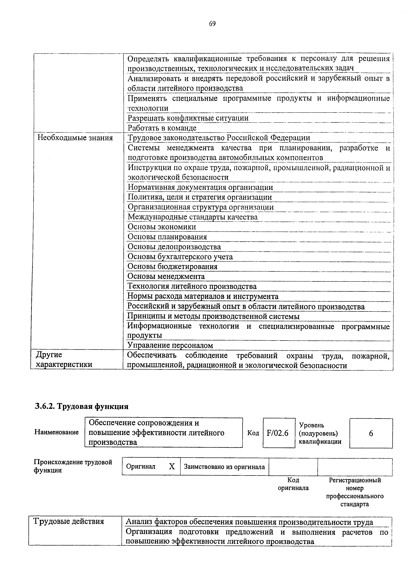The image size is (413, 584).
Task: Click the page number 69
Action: pos(212,24)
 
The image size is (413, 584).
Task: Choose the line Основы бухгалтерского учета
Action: pos(180,257)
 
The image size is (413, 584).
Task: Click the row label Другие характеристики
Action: pos(64,360)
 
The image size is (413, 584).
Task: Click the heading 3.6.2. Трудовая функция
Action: pos(81,407)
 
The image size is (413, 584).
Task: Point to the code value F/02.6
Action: pos(278,433)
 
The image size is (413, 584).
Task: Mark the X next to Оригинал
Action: pos(172,466)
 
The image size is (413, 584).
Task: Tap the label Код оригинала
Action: pos(293,484)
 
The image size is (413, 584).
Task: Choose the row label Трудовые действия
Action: pos(69,521)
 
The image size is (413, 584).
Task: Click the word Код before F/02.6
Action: pos(253,433)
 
